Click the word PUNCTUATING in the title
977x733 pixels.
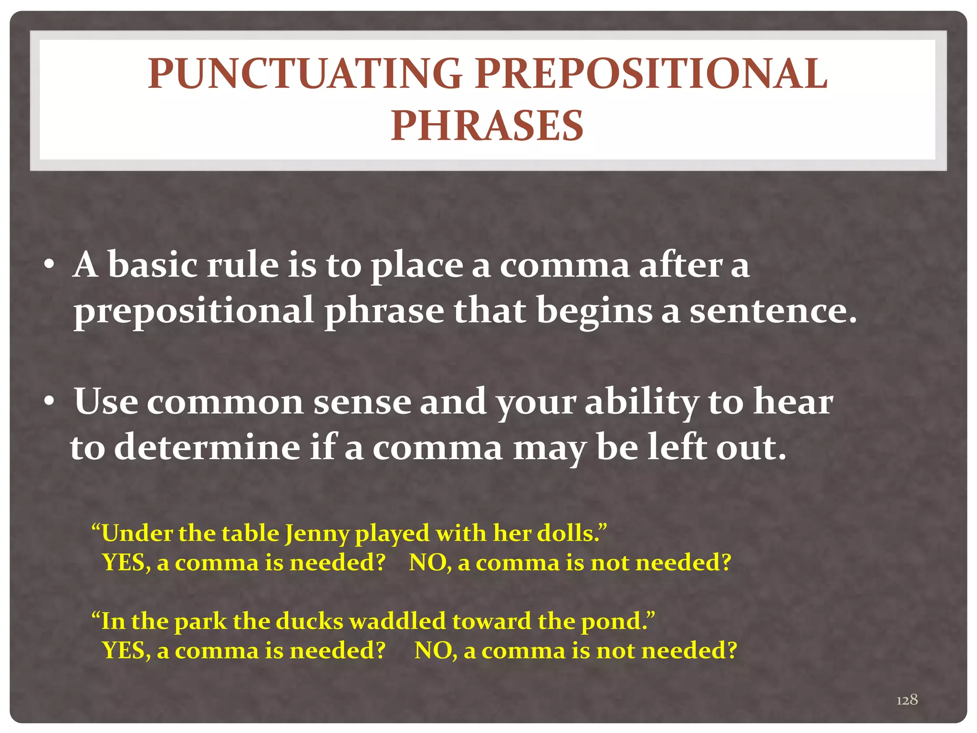coord(304,74)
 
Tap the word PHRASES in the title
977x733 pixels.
coord(487,126)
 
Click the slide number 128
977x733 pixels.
coord(907,700)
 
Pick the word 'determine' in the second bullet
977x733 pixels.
coord(207,448)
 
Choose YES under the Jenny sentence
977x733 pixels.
coord(124,563)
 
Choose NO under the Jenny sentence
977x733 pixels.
coord(427,563)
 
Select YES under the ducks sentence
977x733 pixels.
coord(124,650)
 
